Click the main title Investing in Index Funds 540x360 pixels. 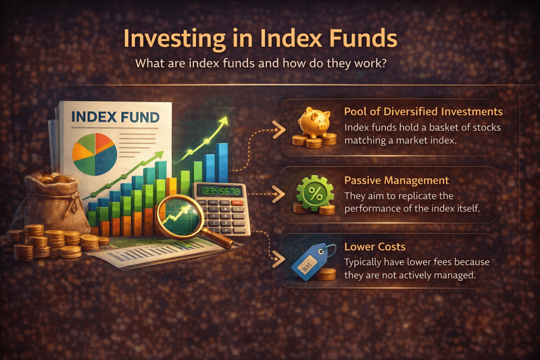[261, 38]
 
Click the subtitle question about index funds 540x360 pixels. [261, 63]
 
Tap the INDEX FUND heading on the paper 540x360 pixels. [115, 117]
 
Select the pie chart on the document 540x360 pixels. [95, 154]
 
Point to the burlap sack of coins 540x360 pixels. [52, 201]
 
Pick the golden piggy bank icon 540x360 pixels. [314, 122]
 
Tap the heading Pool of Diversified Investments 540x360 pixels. [423, 112]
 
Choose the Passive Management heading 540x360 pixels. [397, 180]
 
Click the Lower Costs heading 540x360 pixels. [375, 247]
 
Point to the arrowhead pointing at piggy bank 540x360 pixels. [279, 130]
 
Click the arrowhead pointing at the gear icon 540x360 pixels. [279, 194]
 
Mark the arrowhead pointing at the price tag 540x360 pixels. [278, 259]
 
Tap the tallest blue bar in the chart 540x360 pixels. [222, 162]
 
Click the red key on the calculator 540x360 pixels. [237, 203]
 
